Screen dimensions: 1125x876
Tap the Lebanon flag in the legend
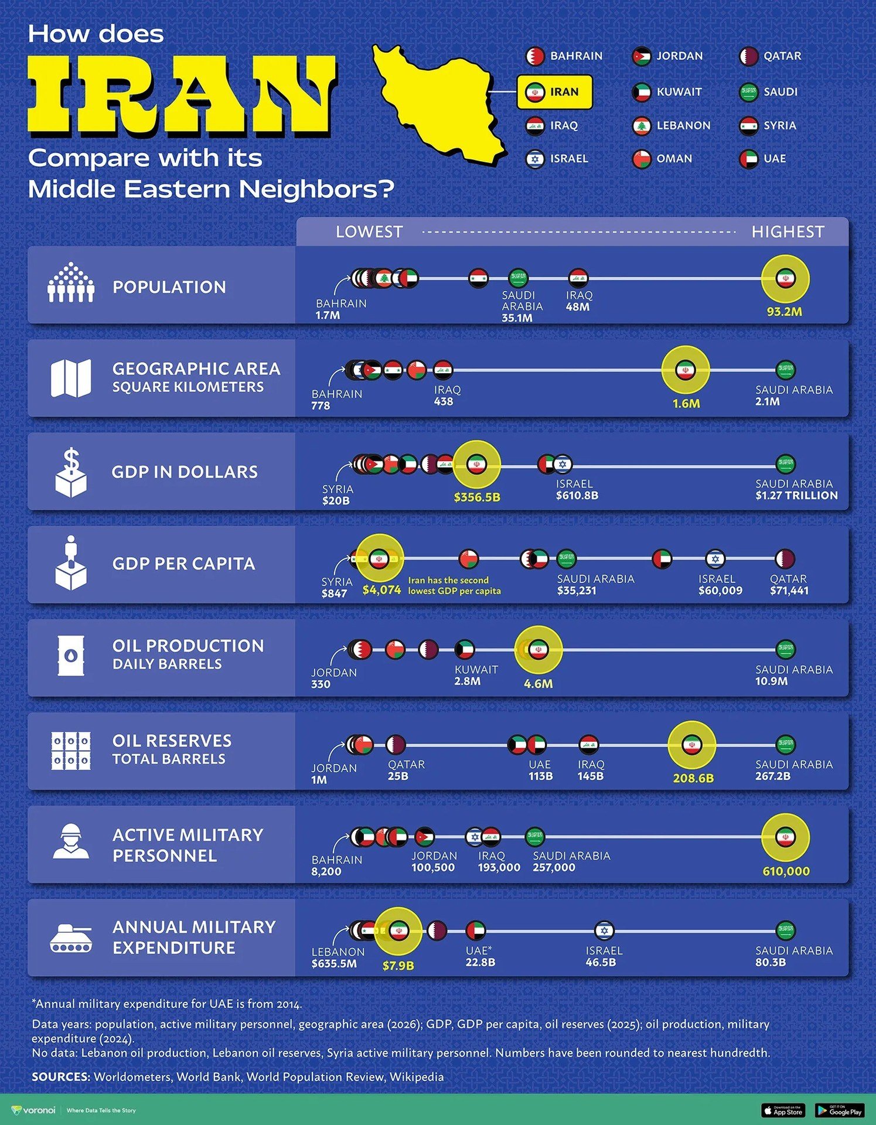[642, 125]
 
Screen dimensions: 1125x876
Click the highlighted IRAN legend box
[554, 92]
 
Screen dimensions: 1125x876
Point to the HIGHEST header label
[788, 232]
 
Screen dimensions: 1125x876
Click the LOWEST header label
[369, 232]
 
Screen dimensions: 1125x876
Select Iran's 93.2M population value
[785, 312]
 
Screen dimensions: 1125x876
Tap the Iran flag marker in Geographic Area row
[685, 370]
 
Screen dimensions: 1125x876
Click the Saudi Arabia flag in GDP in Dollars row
[785, 464]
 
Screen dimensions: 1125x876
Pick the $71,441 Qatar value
[789, 591]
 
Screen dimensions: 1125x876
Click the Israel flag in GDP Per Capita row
[715, 559]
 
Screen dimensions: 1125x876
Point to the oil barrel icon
[71, 656]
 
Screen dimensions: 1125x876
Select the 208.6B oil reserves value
[693, 778]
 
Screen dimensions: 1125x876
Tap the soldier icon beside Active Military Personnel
[71, 842]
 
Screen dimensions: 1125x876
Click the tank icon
[71, 936]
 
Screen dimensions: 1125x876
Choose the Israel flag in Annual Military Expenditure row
[604, 930]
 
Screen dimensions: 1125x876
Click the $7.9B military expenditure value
[398, 966]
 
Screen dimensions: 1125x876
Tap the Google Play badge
[839, 1110]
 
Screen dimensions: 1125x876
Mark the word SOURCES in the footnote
[60, 1077]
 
